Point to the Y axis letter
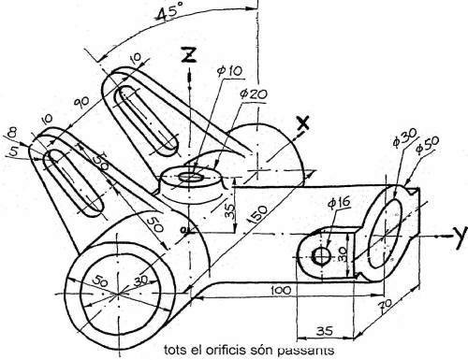459,231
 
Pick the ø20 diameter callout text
254,94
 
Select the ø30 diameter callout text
402,139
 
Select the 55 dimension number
102,161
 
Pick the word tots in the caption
175,351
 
